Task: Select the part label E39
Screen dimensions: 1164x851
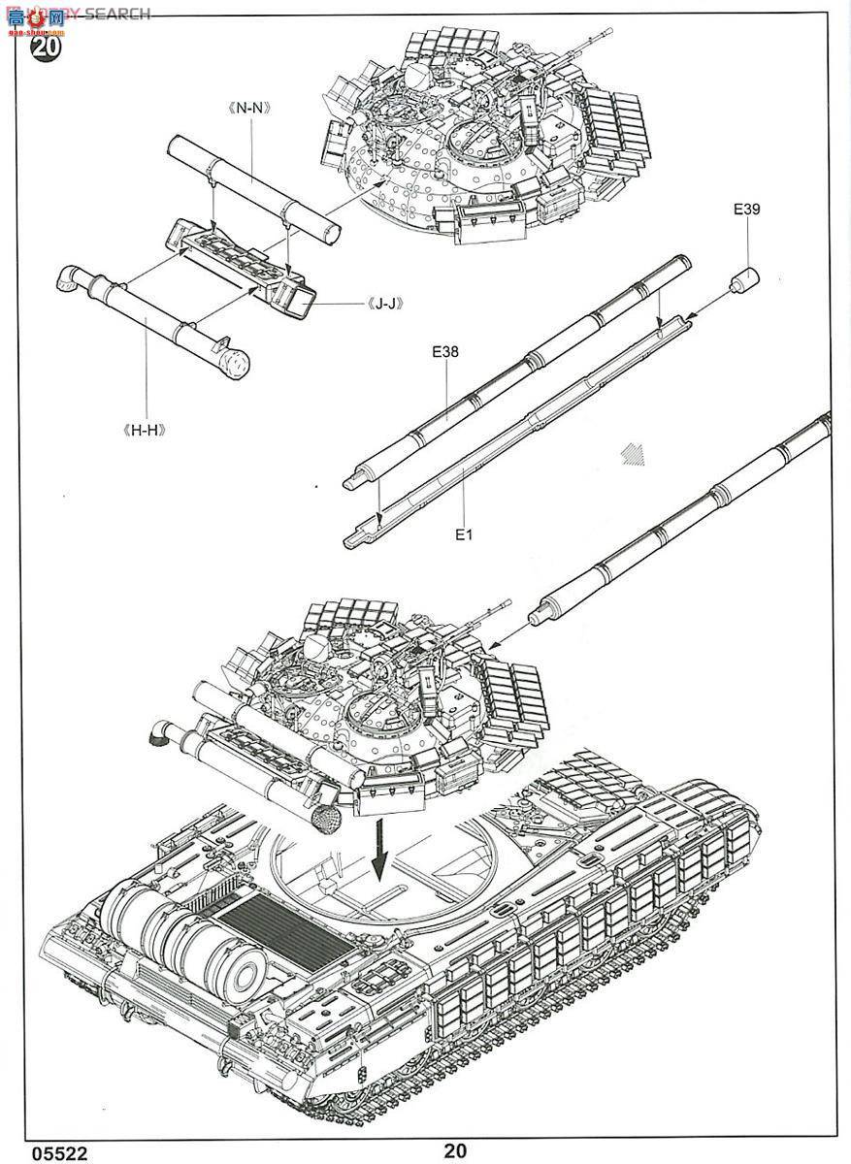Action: point(747,208)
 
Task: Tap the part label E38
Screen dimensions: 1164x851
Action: point(445,353)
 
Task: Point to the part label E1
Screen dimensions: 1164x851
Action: point(463,533)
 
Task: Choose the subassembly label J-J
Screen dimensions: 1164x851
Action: point(384,303)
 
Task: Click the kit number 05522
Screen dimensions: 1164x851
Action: point(58,1153)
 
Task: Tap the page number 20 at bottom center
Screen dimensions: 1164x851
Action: point(455,1151)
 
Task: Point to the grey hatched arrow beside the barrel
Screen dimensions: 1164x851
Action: point(634,455)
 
